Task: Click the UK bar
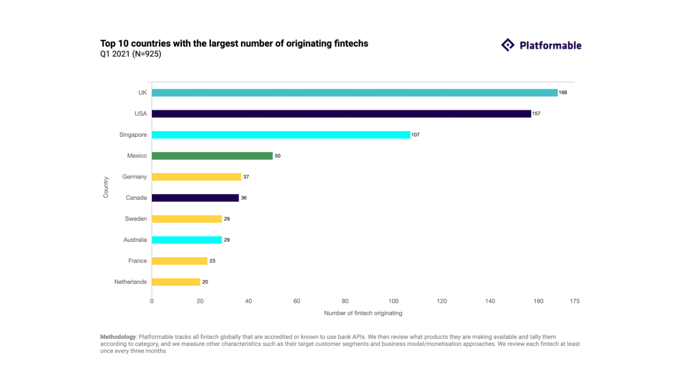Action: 354,93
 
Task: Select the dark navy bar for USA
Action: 341,114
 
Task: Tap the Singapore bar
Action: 281,135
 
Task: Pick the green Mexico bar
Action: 212,156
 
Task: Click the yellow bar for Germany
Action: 196,177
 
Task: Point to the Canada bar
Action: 195,198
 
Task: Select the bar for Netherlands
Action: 176,282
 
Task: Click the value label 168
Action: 562,93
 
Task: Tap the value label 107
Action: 415,135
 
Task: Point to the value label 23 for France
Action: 213,261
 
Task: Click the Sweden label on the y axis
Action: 136,219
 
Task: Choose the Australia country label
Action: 135,240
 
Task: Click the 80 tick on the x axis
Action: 345,301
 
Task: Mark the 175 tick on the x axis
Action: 574,301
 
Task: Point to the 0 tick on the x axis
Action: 152,301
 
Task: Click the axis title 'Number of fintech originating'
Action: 363,313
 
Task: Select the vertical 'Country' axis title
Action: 106,187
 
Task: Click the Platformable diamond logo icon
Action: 508,45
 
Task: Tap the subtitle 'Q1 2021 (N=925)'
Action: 130,54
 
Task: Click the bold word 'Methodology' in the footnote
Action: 118,337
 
